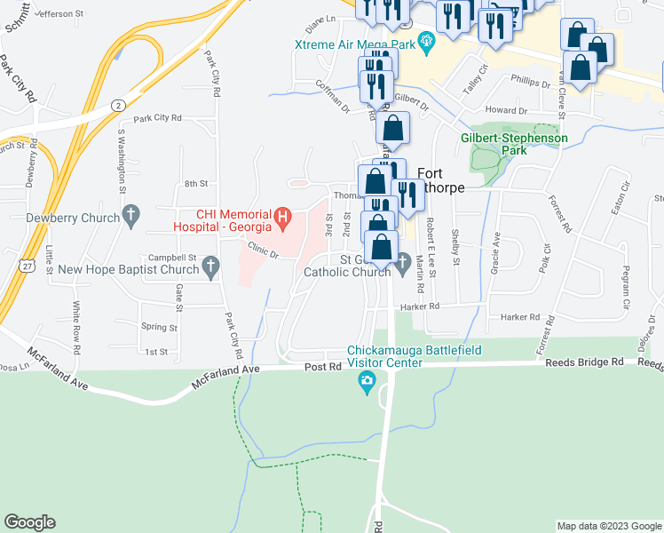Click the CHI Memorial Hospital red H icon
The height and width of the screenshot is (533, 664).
(282, 215)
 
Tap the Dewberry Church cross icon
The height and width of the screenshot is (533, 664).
(131, 214)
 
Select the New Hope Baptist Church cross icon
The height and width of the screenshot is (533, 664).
(210, 266)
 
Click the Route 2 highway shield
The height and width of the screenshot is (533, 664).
(118, 104)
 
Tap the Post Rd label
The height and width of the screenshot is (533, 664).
(322, 367)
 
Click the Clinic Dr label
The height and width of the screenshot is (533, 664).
(264, 251)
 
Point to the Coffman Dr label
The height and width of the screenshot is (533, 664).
(333, 91)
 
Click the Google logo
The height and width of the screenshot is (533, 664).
(29, 522)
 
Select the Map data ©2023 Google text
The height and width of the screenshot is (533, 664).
(609, 526)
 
